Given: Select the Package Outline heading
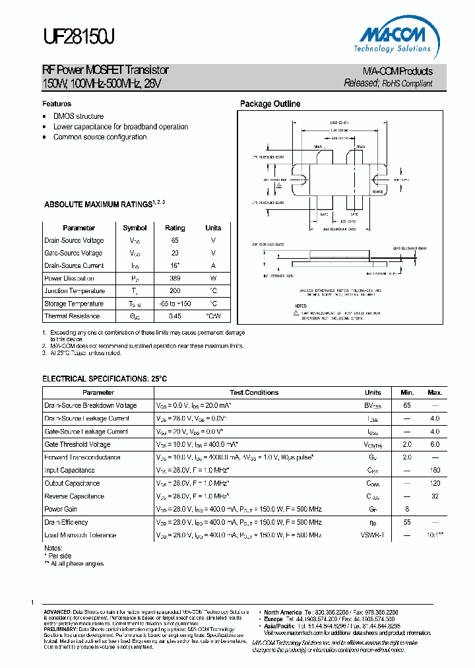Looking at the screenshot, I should (270, 104).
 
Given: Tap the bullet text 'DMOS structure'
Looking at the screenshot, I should (79, 116).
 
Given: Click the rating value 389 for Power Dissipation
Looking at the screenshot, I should (175, 279).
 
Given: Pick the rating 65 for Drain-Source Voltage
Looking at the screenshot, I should (175, 241).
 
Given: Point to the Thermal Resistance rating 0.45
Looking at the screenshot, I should (175, 316).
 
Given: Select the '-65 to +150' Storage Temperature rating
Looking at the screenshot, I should (175, 304).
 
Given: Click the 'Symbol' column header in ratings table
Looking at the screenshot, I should (135, 228).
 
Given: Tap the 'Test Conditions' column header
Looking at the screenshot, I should (254, 392).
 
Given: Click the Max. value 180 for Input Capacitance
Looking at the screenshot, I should (435, 471).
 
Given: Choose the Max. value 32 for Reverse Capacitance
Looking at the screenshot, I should (435, 496).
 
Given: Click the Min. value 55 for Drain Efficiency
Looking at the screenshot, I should (407, 522).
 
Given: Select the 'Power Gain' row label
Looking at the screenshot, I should (61, 510).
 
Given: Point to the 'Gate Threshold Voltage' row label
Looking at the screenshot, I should (77, 445).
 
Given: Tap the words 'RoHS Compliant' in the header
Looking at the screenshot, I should (408, 84).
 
